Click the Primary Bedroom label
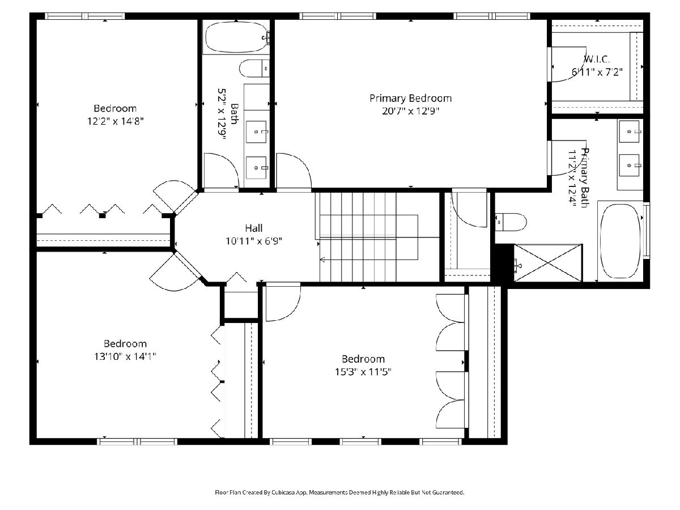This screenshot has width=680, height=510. point(410,99)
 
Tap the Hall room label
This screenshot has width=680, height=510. point(254,228)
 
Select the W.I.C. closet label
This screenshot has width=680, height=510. point(597,59)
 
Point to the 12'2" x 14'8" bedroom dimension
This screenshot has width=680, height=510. point(116,121)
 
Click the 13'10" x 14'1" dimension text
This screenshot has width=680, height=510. point(125,356)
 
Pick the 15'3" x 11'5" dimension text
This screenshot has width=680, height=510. point(363,372)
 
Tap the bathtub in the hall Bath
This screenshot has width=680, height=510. point(236,37)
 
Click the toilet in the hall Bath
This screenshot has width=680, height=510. point(254,69)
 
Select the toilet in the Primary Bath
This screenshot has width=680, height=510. point(511,222)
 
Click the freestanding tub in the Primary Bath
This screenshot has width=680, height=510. point(620,241)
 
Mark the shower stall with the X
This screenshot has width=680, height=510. point(548,263)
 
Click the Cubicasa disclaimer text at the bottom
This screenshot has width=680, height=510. point(339,492)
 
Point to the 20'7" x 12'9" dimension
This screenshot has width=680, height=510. point(410,111)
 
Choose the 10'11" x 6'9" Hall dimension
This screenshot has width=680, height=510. point(254,241)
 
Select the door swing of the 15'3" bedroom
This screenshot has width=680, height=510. point(283,302)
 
